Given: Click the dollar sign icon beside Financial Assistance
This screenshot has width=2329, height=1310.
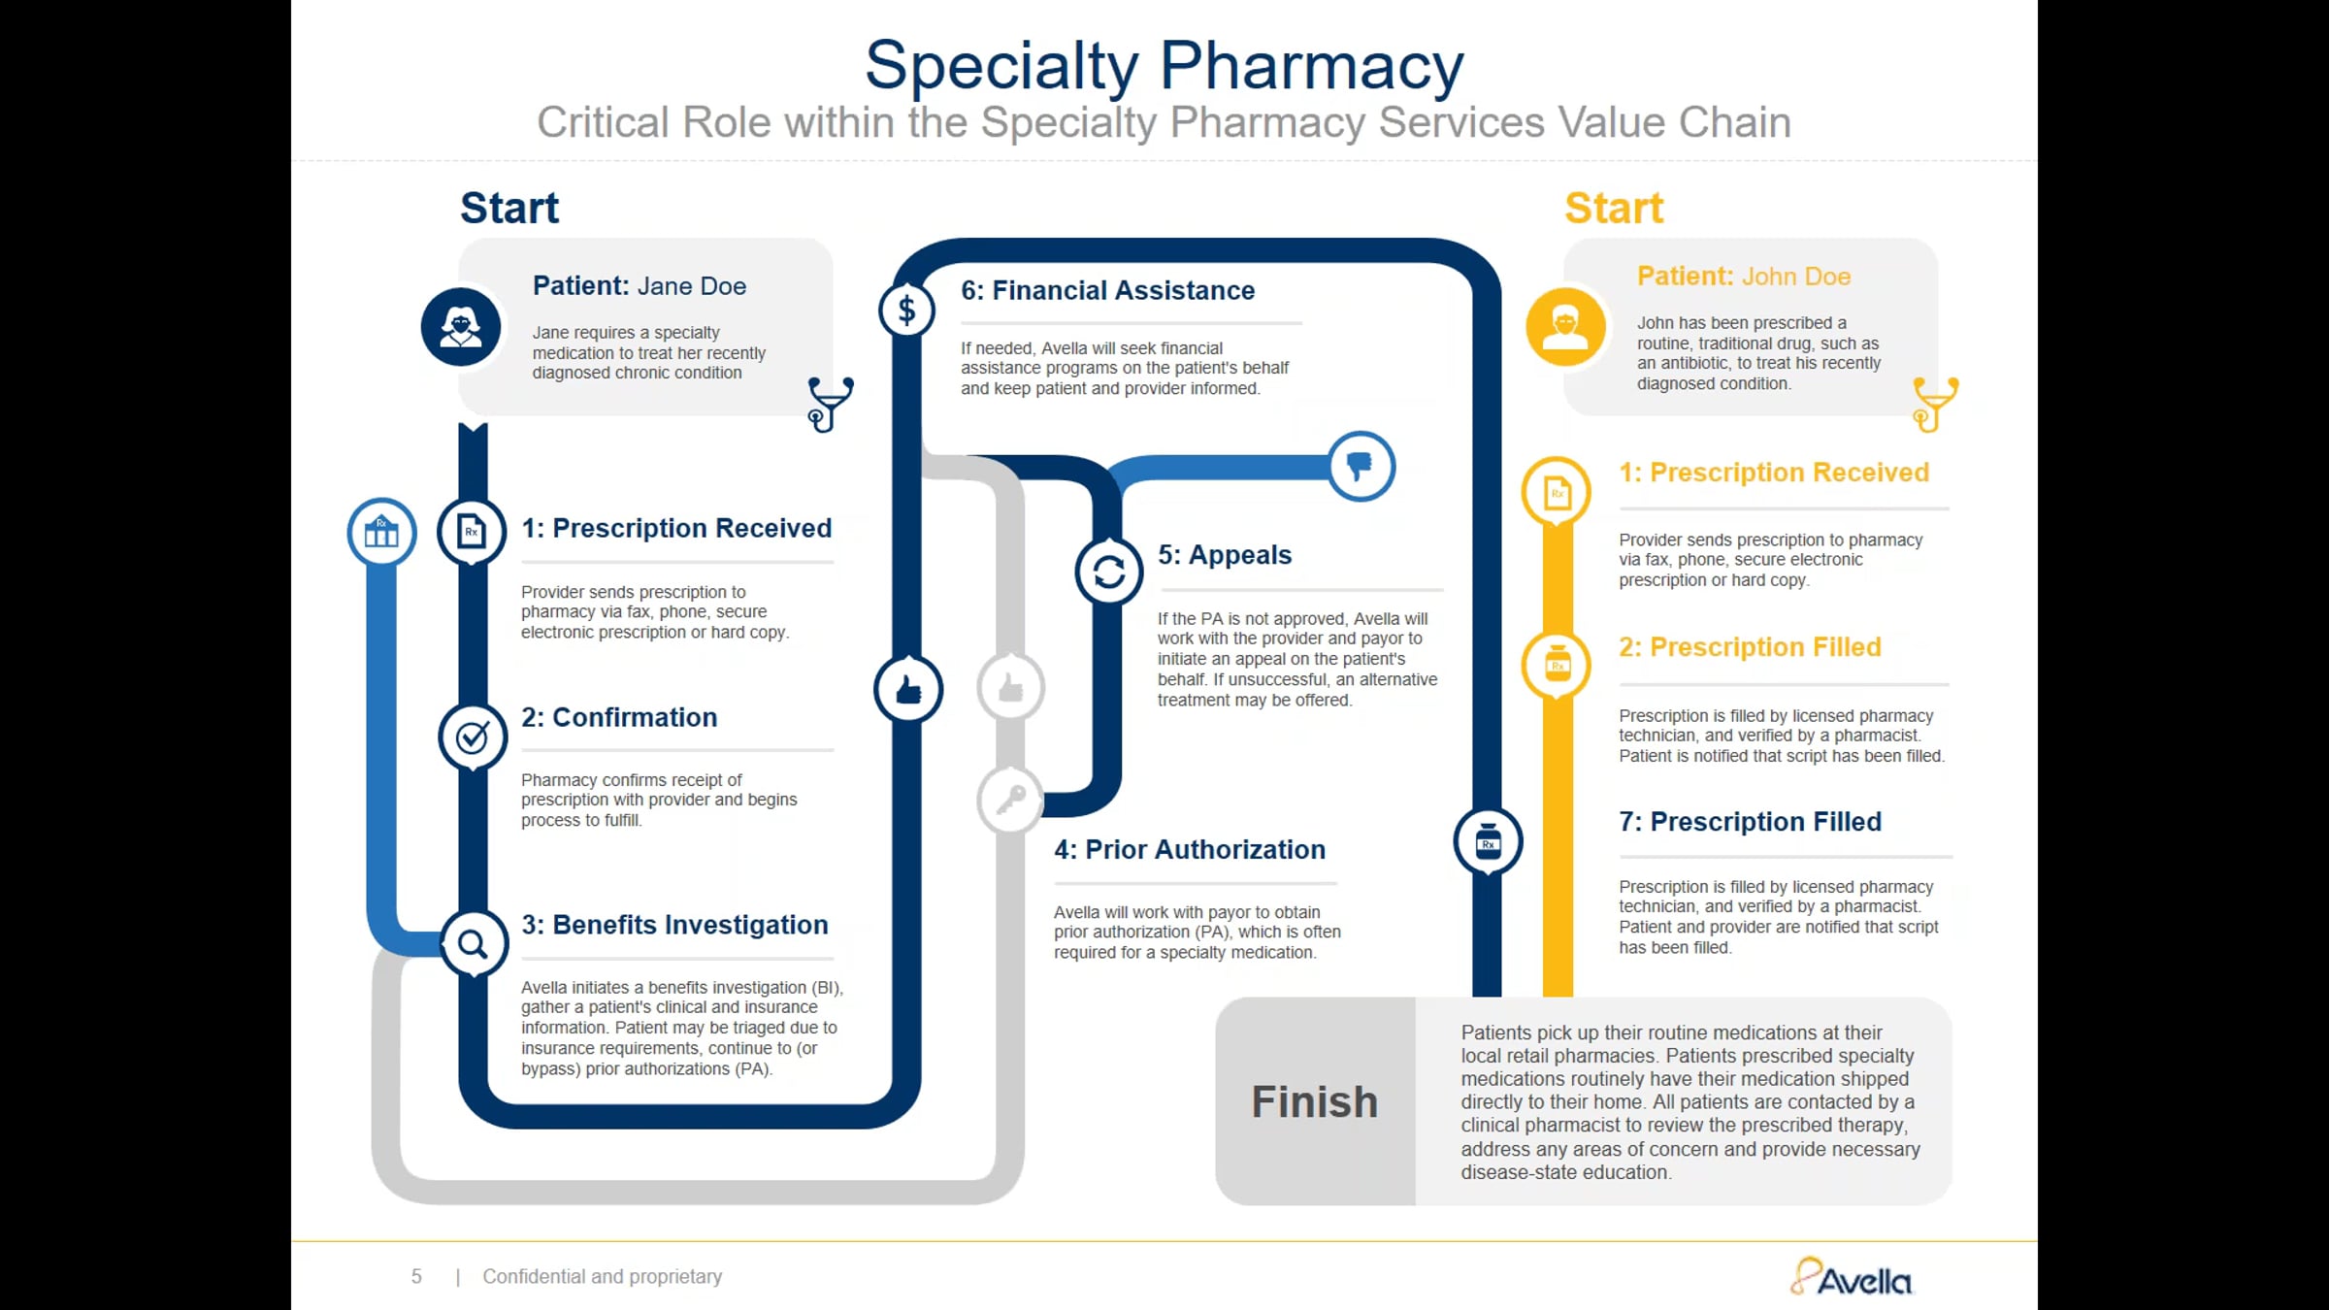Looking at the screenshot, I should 906,311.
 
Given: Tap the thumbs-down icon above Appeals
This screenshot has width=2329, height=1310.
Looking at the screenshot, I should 1361,466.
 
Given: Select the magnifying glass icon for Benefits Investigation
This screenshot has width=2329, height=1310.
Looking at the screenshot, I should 473,943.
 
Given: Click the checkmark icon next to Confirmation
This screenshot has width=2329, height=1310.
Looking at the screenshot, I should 473,737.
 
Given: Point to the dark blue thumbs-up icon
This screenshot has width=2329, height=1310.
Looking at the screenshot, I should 908,690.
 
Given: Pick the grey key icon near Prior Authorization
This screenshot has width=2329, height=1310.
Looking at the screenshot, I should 1010,801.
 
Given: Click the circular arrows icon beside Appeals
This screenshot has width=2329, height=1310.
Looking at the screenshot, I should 1109,572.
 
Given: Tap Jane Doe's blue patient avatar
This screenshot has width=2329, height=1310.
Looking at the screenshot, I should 461,327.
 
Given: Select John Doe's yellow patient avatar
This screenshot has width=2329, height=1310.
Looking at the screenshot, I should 1565,327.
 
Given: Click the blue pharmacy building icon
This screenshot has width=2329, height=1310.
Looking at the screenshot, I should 381,533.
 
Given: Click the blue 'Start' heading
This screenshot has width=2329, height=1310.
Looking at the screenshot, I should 509,209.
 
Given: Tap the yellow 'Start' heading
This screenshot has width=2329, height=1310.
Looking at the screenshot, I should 1614,209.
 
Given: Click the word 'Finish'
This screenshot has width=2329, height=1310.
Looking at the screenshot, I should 1314,1102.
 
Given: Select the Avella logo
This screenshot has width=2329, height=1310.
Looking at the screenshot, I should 1851,1278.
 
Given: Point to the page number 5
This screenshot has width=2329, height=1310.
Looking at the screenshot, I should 416,1277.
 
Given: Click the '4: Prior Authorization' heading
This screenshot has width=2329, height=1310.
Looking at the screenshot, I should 1190,850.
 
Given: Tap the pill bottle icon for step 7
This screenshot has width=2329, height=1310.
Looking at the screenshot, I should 1488,841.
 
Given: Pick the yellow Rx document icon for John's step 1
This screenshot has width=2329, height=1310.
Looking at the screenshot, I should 1557,493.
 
